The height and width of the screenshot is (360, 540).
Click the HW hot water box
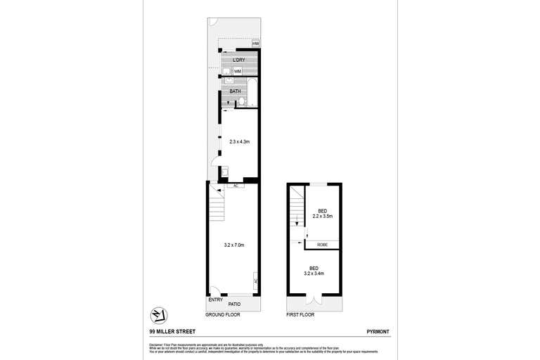[256, 44]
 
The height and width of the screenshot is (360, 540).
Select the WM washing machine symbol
[238, 71]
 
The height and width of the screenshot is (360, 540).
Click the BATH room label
[236, 91]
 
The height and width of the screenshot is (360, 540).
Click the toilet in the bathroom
[242, 102]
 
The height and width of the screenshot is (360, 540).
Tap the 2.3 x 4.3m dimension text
[240, 142]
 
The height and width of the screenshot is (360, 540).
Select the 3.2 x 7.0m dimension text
[235, 245]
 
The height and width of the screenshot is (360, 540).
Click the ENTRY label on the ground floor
[215, 300]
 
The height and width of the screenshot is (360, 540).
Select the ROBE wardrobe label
[322, 244]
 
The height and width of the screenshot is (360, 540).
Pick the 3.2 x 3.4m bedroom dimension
[315, 271]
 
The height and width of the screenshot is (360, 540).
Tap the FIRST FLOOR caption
[300, 315]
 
